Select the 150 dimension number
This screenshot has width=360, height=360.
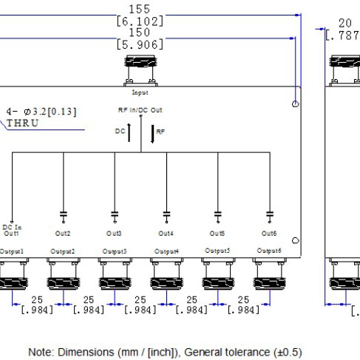coord(139,34)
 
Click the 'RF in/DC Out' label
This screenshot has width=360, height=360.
coord(140,109)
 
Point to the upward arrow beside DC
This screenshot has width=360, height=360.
coord(130,132)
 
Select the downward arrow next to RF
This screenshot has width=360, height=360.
coord(152,132)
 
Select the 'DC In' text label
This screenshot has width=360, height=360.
coord(11,226)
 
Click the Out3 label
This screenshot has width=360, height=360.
coord(115,234)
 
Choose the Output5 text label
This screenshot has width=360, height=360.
coord(217,251)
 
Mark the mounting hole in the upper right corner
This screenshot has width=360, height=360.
coord(295,103)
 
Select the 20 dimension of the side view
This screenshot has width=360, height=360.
coord(344,23)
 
